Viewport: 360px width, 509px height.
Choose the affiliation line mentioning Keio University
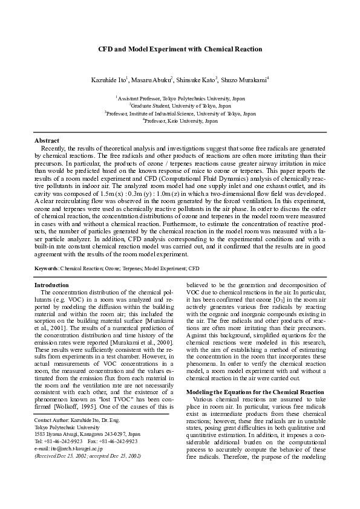(x=180, y=121)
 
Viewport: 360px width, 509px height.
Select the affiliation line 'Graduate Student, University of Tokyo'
(x=180, y=105)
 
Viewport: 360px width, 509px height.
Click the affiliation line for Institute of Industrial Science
(x=180, y=113)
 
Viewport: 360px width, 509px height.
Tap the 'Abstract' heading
(x=47, y=140)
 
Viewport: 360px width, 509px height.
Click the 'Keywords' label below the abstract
(x=47, y=267)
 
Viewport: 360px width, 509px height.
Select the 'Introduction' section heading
(x=51, y=285)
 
